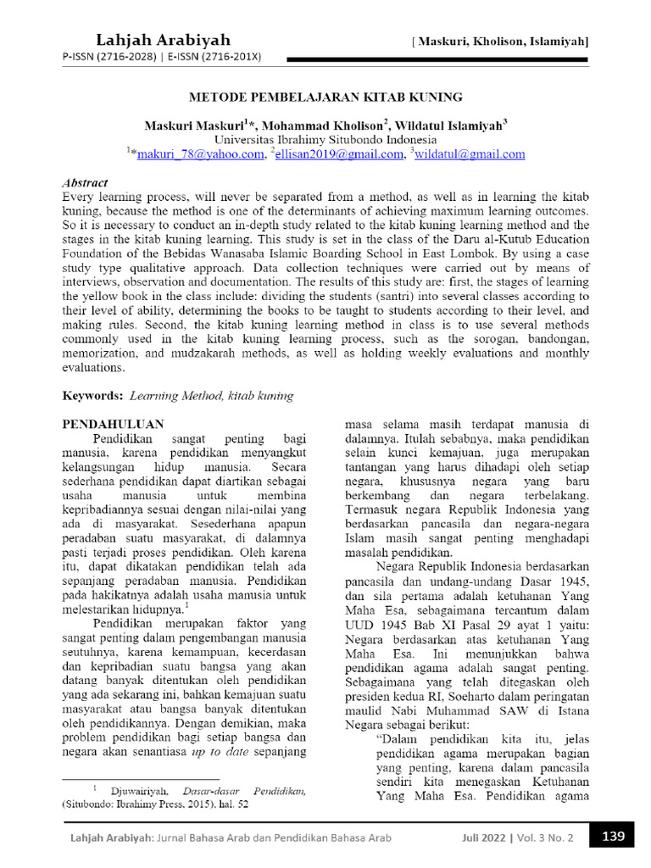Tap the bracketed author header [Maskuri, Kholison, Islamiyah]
(501, 41)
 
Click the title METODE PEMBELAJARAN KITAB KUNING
(325, 97)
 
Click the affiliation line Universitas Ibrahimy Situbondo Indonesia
(325, 139)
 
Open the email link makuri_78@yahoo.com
(200, 154)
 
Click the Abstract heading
(86, 182)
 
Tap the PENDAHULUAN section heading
(114, 423)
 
